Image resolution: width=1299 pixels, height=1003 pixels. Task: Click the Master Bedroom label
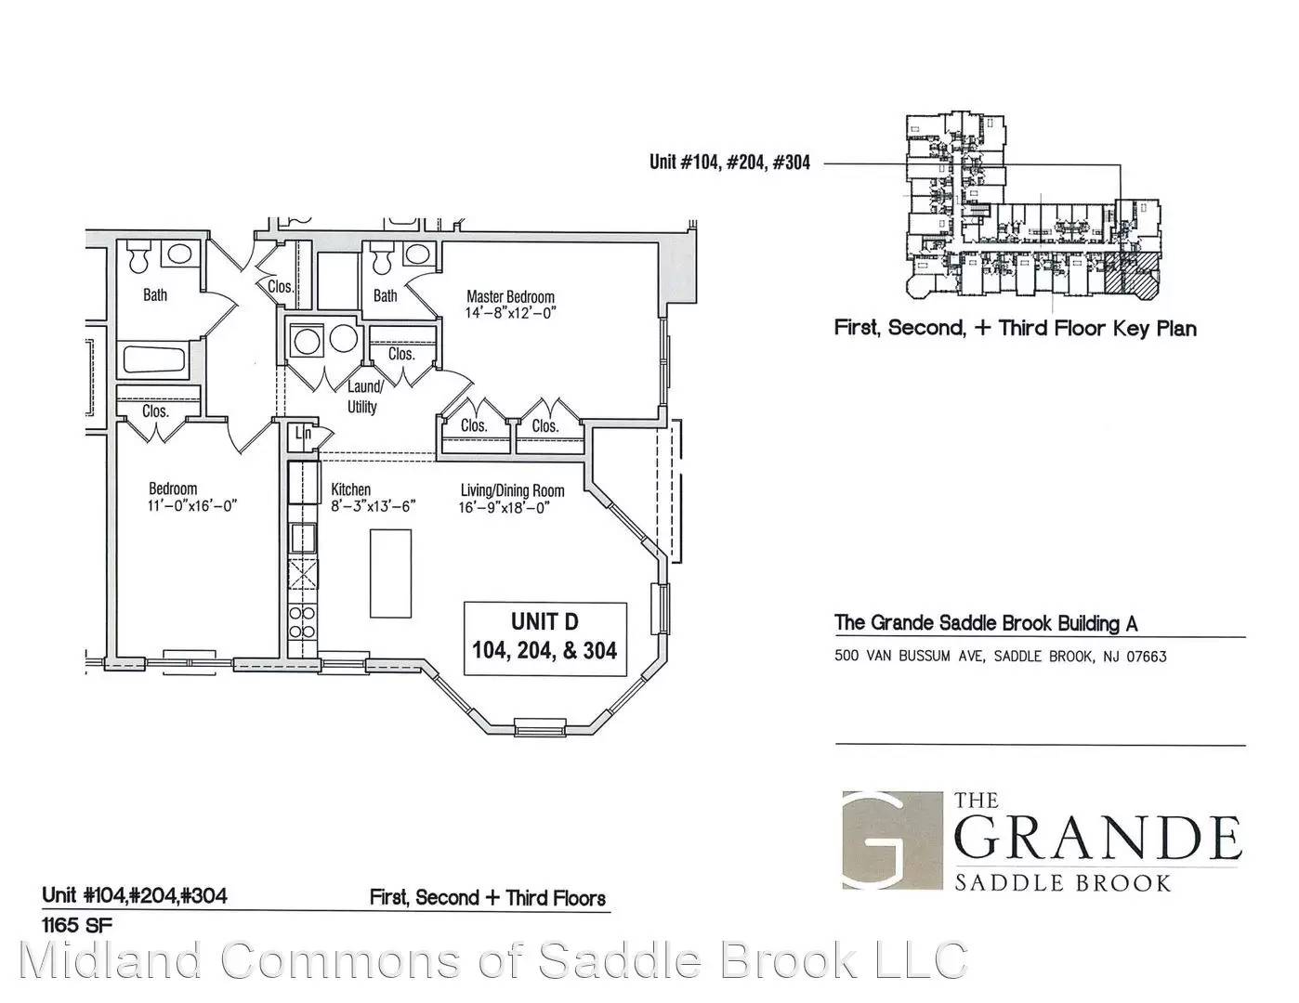point(510,296)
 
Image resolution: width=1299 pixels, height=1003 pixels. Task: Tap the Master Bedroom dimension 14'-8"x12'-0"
point(510,313)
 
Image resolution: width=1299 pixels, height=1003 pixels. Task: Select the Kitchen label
point(351,489)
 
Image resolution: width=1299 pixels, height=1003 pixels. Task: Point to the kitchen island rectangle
point(390,574)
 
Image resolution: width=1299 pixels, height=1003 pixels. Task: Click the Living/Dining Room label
point(512,491)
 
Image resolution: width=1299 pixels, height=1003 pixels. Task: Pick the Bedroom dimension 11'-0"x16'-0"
point(192,506)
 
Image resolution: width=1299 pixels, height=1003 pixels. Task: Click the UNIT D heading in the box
point(545,622)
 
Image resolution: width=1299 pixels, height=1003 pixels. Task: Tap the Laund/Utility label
point(362,397)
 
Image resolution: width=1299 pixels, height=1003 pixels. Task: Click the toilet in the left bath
point(138,258)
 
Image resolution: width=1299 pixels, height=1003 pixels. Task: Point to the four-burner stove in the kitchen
point(303,622)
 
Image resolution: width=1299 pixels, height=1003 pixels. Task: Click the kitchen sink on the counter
point(303,538)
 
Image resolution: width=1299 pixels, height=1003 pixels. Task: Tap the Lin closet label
point(303,433)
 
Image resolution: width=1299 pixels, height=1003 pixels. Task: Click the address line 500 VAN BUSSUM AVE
point(1000,657)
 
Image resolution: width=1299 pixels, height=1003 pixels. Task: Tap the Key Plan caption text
point(1015,328)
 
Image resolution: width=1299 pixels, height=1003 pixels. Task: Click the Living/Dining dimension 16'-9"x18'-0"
point(504,508)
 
